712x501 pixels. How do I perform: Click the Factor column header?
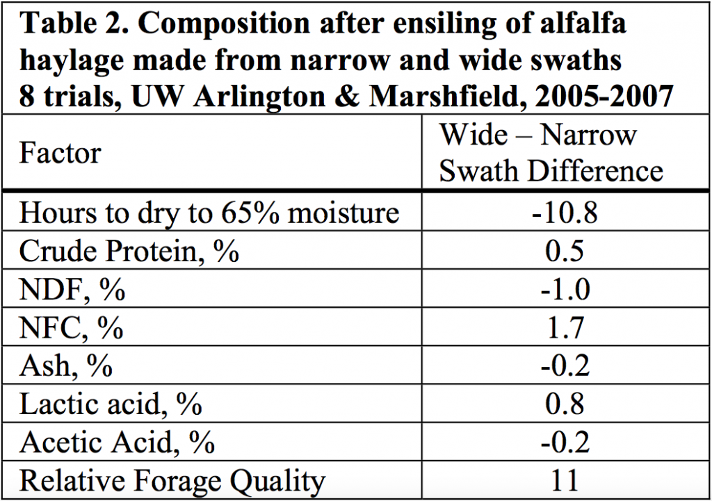pos(60,153)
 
